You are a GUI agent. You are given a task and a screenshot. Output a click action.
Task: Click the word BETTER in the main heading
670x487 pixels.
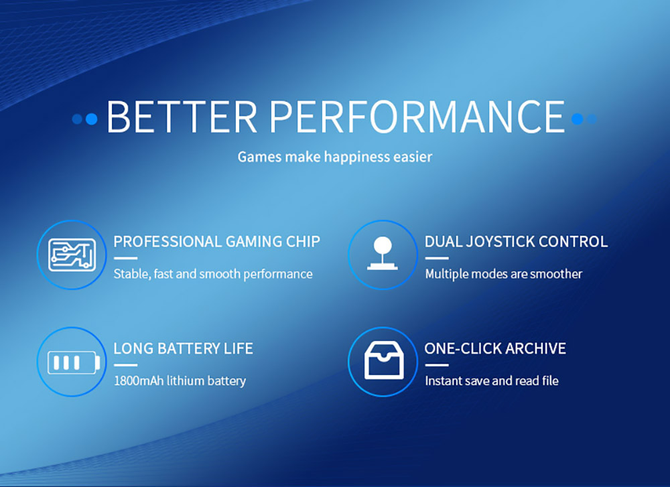click(182, 117)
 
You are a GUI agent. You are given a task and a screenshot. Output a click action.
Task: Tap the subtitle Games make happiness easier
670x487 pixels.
click(335, 157)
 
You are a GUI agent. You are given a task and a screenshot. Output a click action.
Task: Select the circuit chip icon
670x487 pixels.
click(72, 255)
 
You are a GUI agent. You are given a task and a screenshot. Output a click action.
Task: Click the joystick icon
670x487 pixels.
click(383, 255)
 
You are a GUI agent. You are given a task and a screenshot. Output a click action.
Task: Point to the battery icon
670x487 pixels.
click(72, 363)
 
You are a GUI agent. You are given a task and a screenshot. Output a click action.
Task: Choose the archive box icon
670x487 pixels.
click(383, 363)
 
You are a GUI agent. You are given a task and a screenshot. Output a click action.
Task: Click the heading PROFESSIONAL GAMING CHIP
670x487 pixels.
click(216, 241)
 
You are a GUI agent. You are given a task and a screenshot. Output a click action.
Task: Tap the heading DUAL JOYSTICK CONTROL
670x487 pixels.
click(516, 241)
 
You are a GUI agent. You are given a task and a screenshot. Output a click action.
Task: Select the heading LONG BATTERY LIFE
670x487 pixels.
click(183, 348)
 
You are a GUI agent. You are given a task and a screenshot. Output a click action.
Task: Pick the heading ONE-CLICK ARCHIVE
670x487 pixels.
click(495, 348)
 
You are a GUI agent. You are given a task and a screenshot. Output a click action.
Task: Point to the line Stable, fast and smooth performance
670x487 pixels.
click(213, 274)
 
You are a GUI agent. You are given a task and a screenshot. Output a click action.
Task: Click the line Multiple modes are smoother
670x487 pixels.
click(503, 274)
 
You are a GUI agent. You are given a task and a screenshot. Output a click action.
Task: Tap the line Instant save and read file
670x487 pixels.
click(492, 381)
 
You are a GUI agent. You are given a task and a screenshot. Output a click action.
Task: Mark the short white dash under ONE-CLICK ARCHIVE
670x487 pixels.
click(437, 365)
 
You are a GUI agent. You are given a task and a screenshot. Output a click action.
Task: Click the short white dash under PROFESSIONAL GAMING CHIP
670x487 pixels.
click(125, 258)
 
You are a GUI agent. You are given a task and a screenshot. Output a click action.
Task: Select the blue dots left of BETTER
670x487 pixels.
click(85, 119)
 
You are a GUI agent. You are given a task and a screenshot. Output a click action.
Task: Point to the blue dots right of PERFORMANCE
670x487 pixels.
click(584, 119)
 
